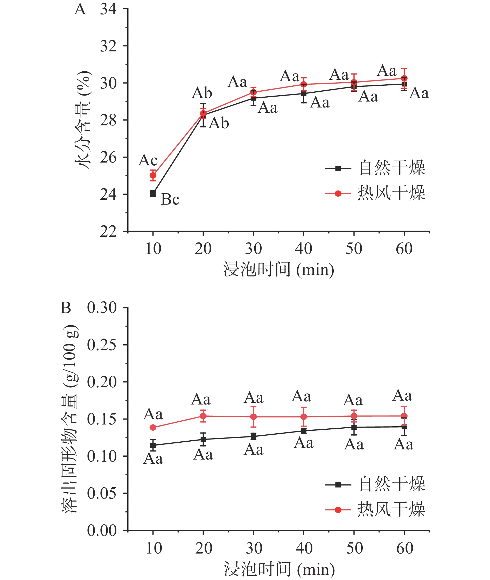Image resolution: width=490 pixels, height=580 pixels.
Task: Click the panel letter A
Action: click(80, 9)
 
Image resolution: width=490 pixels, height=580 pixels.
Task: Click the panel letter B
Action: click(66, 308)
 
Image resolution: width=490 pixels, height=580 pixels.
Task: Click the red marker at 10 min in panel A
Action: click(153, 176)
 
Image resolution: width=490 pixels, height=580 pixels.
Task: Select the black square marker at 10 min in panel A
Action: click(153, 194)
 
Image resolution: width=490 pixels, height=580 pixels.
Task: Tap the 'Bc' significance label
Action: click(170, 199)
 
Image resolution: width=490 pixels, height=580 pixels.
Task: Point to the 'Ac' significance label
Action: click(148, 160)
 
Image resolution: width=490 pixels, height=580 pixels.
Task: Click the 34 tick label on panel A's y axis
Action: click(108, 9)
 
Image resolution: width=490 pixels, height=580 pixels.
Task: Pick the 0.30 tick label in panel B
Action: click(102, 308)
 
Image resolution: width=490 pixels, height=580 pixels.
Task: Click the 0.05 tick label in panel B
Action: click(102, 494)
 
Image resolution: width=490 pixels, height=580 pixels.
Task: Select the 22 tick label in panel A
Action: click(108, 231)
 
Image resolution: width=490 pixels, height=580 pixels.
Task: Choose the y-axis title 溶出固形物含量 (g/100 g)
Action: click(70, 419)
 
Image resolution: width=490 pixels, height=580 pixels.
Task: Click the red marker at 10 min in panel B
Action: click(153, 428)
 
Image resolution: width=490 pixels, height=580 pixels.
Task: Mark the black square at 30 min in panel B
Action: click(253, 436)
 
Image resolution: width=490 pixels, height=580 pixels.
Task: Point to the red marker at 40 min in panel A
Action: click(304, 84)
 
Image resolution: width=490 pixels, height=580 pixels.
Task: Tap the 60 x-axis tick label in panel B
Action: click(404, 548)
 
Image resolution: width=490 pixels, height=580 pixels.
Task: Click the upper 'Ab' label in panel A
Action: click(202, 93)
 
